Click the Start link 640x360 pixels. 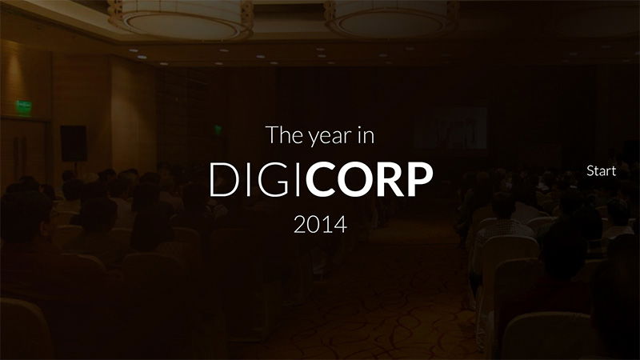pos(601,171)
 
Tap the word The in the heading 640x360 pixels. pos(283,135)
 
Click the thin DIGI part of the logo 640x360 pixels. pos(254,181)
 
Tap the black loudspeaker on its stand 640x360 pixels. pos(73,142)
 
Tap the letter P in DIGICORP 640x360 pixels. pos(418,181)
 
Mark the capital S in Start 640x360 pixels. pos(590,171)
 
